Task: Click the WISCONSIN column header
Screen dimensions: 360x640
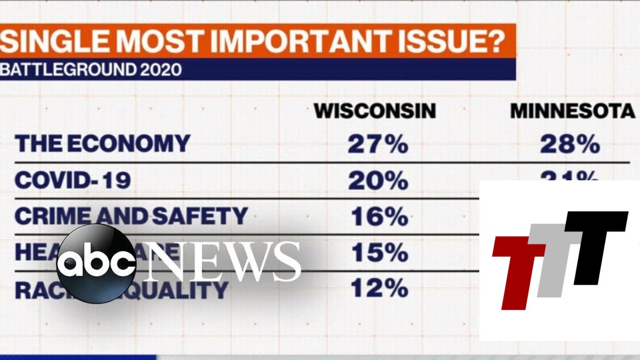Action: coord(375,111)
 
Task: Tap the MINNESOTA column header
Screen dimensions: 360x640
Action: coord(573,111)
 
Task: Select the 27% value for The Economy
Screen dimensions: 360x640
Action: coord(377,144)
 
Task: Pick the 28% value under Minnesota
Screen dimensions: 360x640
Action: coord(569,144)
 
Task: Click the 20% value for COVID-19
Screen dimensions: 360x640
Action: coord(377,180)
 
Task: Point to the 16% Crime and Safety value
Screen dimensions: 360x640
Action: coord(377,216)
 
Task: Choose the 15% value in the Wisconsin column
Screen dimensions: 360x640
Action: coord(377,253)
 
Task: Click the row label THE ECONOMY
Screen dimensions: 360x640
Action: coord(102,144)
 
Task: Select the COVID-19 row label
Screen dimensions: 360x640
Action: coord(72,180)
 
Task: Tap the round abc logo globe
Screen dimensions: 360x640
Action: coord(96,264)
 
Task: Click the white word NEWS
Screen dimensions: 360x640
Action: coord(224,262)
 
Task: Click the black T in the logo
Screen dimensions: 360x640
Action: coord(595,241)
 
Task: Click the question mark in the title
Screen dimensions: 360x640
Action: coord(497,42)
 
